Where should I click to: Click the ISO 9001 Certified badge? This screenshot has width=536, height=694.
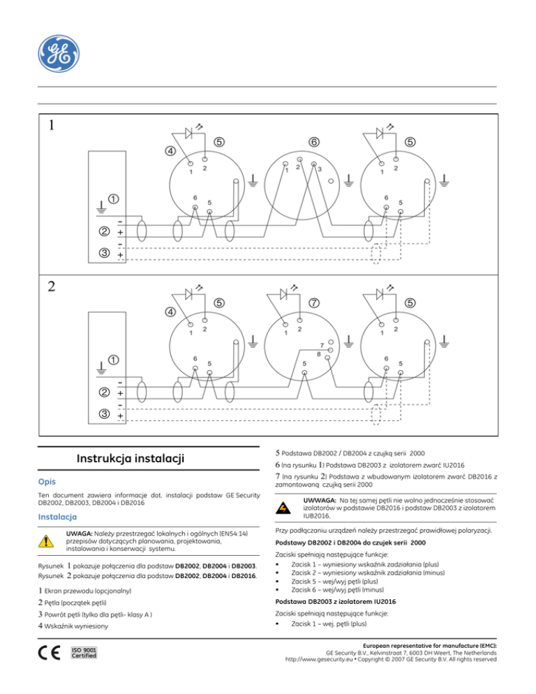coord(84,656)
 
